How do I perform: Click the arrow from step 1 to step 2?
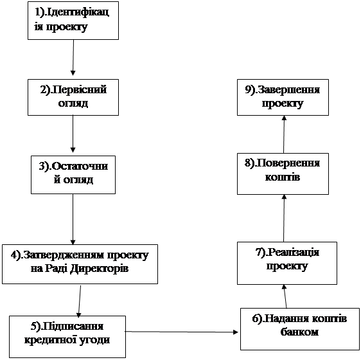(x=73, y=58)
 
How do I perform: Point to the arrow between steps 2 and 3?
(x=73, y=134)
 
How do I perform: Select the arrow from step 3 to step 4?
(x=73, y=219)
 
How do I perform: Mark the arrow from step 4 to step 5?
(x=80, y=301)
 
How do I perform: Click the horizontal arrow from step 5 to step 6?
(x=181, y=332)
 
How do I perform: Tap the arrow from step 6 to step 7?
(x=285, y=296)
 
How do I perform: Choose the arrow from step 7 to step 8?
(x=284, y=219)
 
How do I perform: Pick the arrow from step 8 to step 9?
(x=284, y=134)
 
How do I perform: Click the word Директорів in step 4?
(x=99, y=269)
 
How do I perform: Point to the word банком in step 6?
(x=299, y=332)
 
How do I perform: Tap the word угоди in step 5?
(x=94, y=341)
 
